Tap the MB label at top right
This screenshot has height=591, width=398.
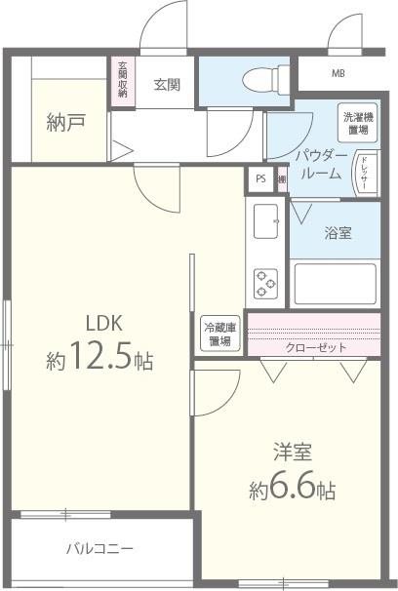point(338,74)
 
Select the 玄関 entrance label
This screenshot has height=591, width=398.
point(167,85)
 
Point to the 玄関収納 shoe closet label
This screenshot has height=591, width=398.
point(123,82)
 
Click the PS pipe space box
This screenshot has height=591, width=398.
point(259,178)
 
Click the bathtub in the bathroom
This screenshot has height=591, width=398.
point(334,284)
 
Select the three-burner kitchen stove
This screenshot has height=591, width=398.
point(265,283)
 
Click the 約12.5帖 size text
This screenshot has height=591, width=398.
point(99,359)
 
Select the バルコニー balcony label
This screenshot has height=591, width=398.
point(99,548)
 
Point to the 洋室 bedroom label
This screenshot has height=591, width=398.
point(292,453)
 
